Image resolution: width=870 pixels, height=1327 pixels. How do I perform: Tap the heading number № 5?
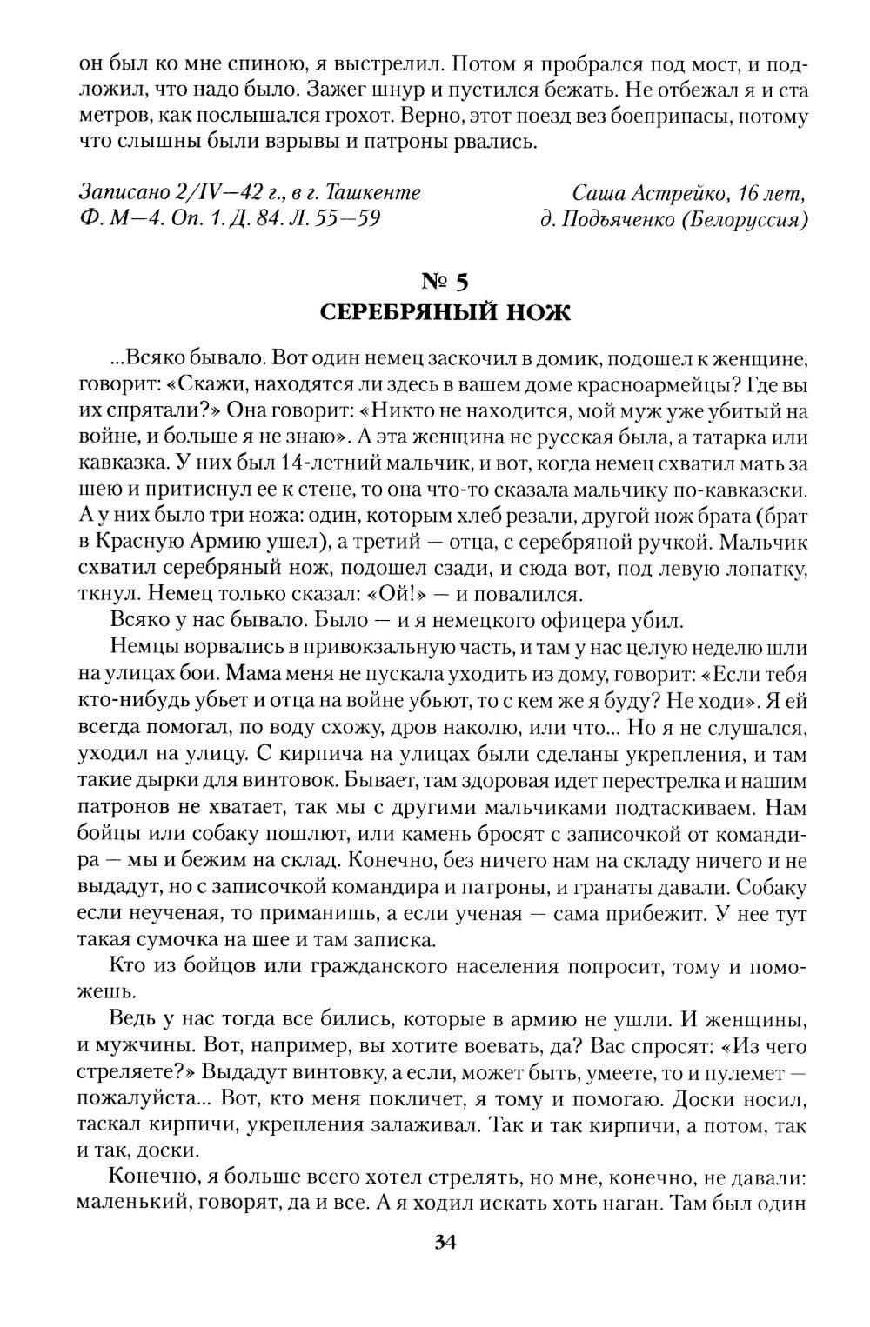tap(445, 281)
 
